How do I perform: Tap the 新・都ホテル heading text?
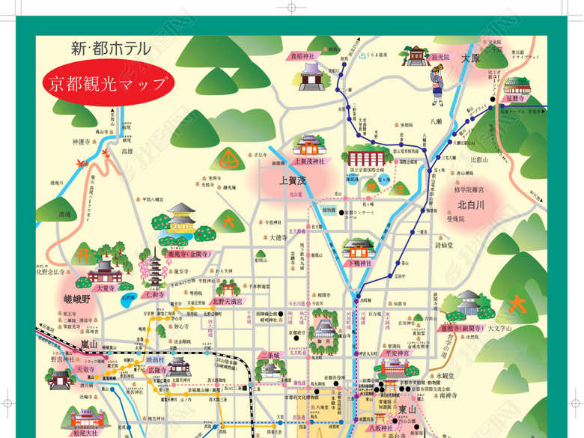pos(110,49)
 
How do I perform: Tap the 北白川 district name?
pos(471,204)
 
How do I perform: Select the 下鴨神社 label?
pos(358,264)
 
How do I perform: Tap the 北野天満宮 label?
pos(226,302)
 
